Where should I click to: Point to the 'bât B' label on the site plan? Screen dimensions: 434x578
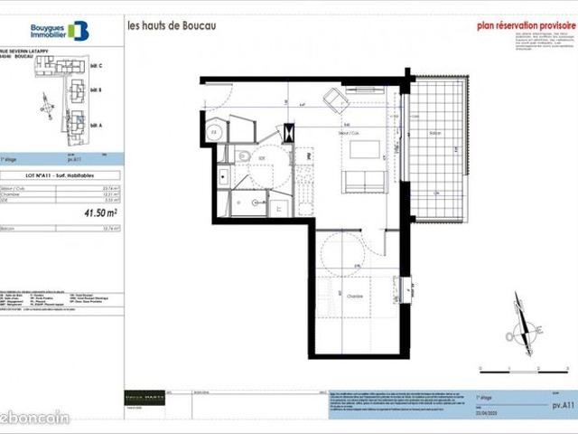tap(97, 90)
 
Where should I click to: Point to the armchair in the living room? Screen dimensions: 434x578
tap(333, 98)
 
